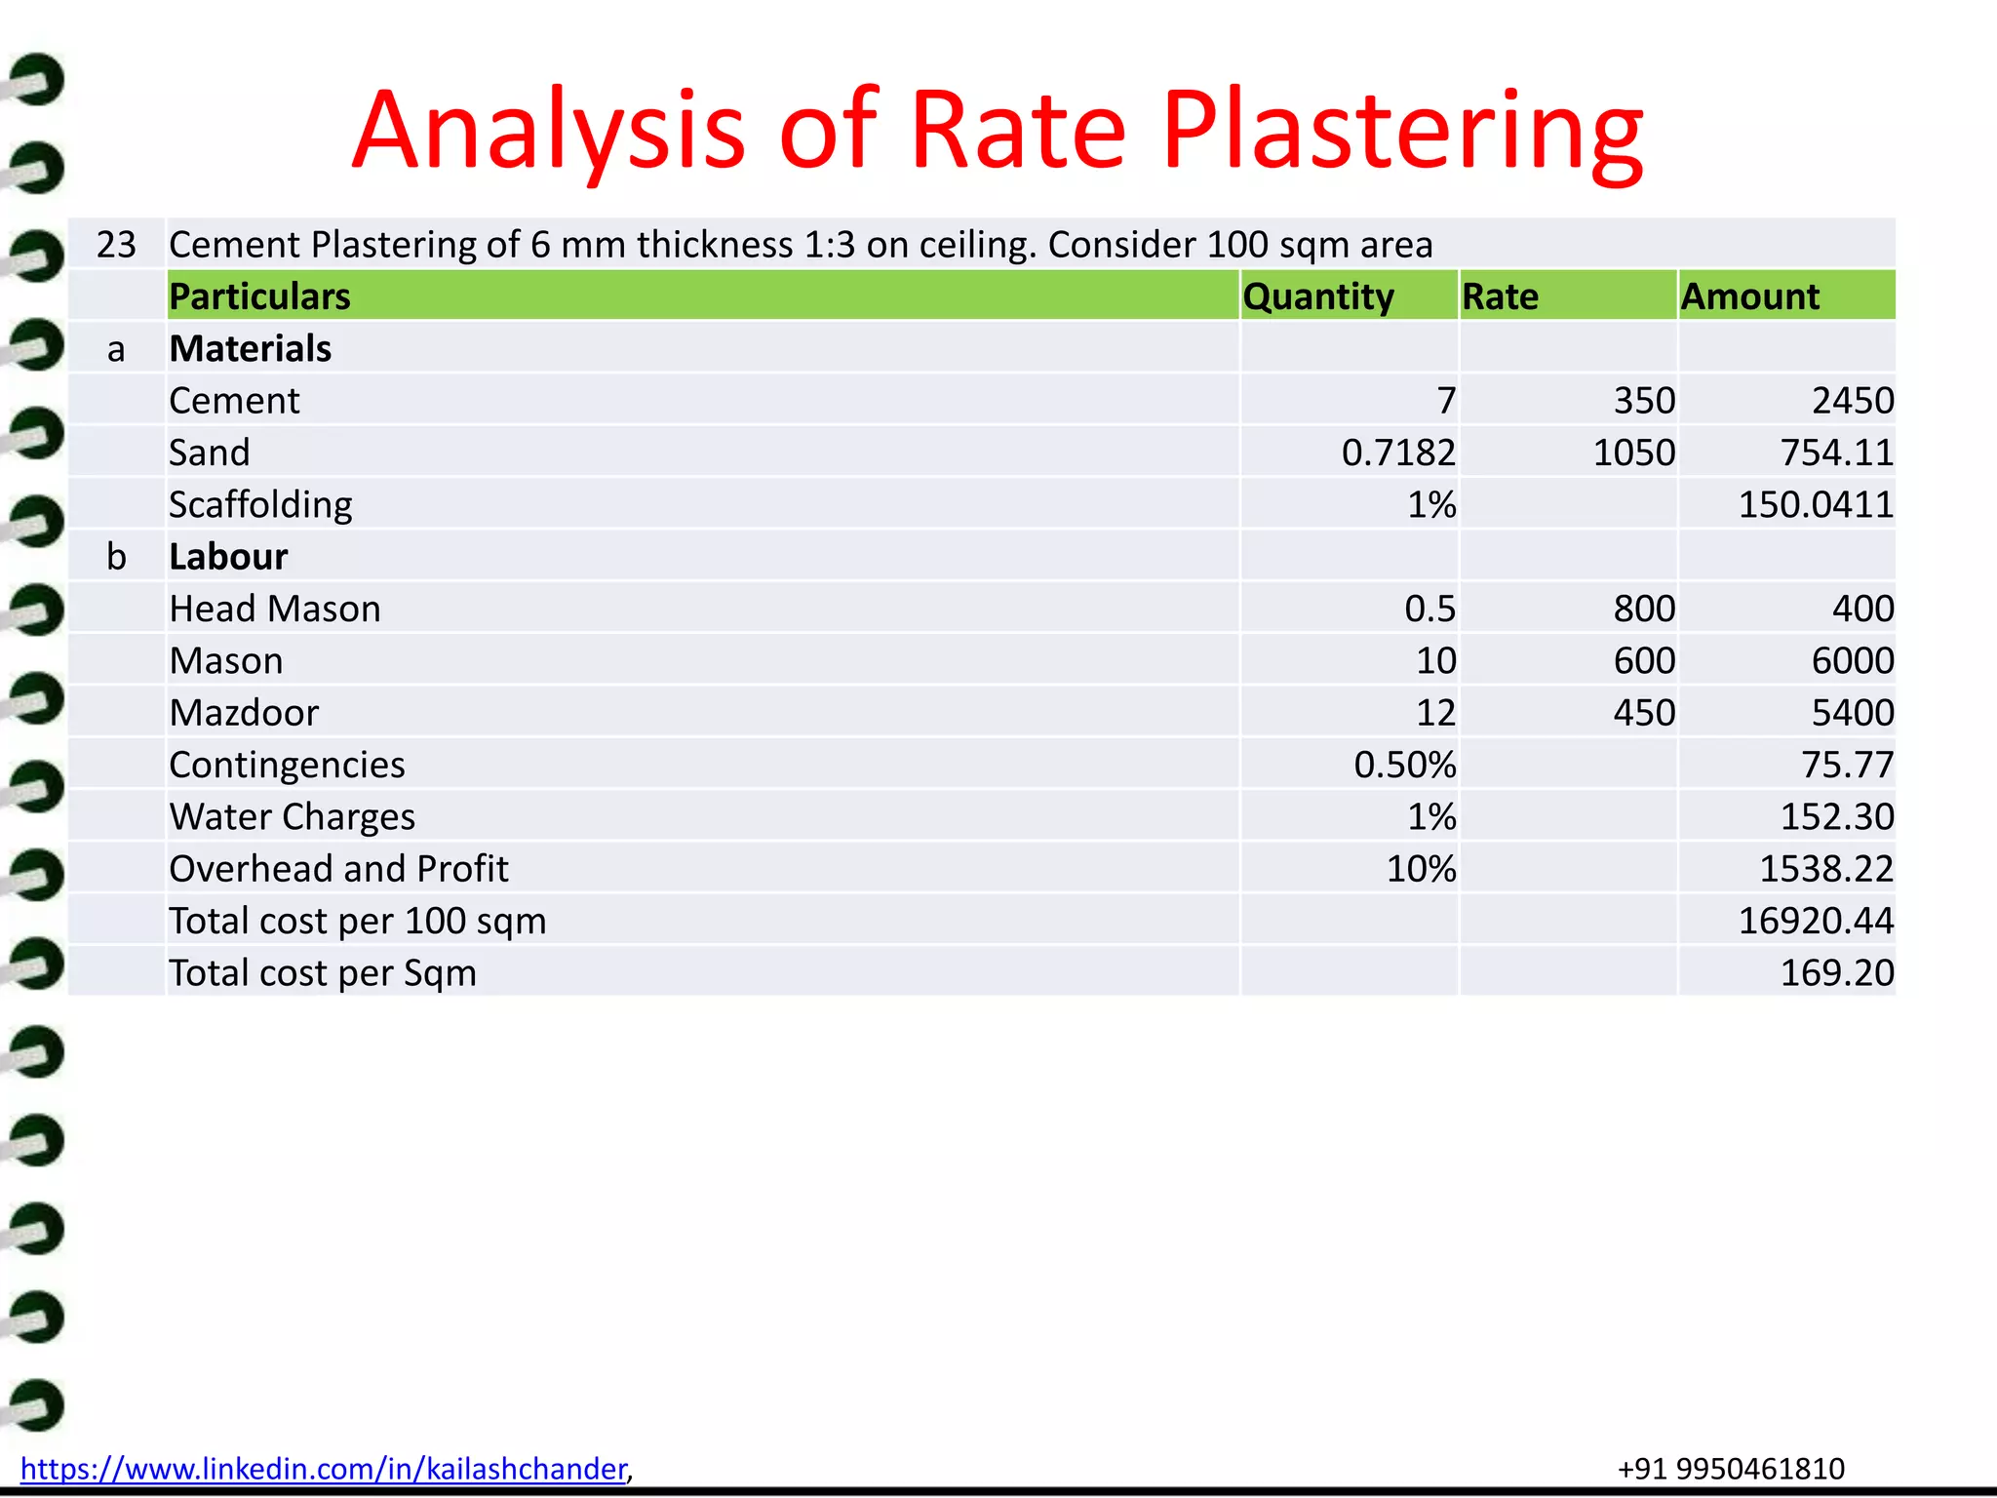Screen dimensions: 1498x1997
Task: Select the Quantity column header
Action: point(1318,296)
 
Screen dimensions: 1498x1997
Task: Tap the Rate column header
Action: point(1500,296)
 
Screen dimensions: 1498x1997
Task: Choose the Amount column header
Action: point(1749,296)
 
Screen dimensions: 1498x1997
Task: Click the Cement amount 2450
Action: point(1853,401)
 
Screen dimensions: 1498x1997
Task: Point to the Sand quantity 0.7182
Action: point(1398,453)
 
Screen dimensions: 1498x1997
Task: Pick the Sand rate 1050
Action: point(1633,453)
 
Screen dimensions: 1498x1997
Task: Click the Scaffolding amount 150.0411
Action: point(1816,504)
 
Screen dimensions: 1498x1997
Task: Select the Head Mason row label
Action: point(275,609)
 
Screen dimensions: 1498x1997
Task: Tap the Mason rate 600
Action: point(1644,661)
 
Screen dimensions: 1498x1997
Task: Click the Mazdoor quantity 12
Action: point(1435,713)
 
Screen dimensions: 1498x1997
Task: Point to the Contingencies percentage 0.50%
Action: point(1404,765)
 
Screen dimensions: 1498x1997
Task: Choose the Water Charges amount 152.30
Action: point(1837,816)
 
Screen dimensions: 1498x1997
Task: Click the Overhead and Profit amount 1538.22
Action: point(1826,869)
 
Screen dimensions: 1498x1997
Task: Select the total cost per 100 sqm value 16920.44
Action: point(1816,921)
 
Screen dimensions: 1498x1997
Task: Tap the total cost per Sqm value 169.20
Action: point(1837,972)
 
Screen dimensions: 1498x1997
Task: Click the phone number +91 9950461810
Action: point(1731,1469)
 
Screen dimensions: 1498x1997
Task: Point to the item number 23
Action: point(116,245)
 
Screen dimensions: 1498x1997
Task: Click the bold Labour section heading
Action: point(228,557)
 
